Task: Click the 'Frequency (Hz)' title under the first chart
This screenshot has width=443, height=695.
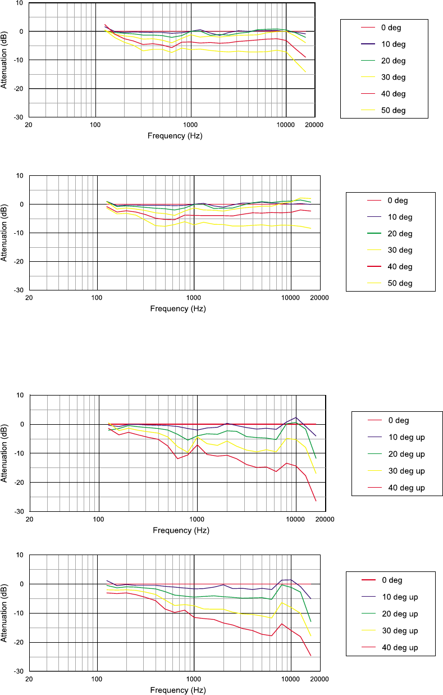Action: (175, 136)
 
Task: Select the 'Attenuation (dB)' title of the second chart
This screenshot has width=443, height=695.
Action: (4, 233)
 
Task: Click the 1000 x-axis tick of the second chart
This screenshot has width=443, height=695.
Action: (194, 298)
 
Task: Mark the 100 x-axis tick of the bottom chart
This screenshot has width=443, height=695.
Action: (97, 679)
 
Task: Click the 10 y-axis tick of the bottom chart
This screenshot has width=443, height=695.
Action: (20, 555)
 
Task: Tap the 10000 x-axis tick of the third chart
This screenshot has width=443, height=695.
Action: (295, 519)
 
